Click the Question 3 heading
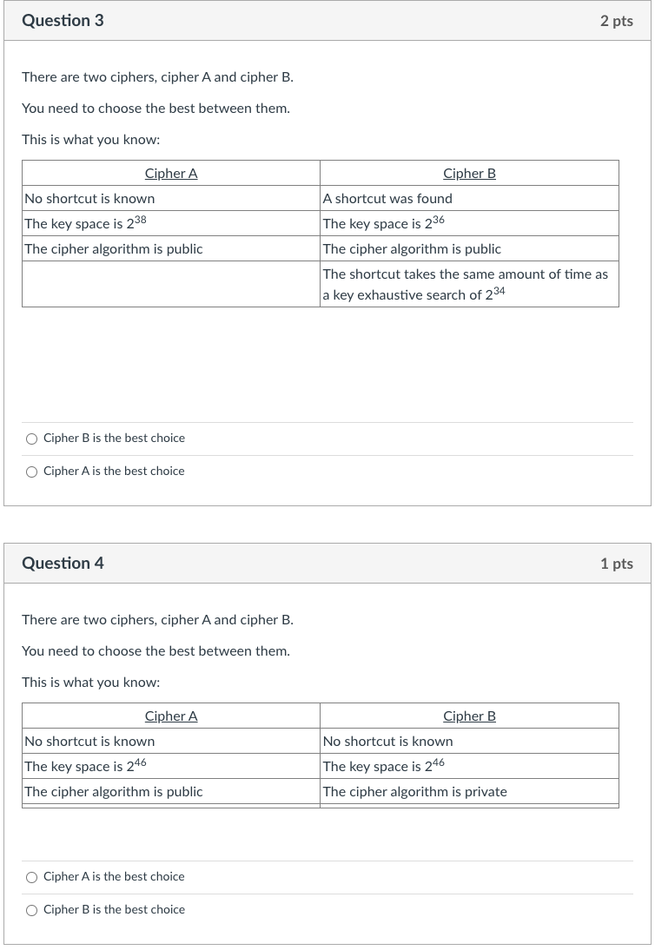click(x=63, y=21)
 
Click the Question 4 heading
click(x=63, y=564)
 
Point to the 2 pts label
click(x=616, y=21)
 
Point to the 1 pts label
click(x=616, y=564)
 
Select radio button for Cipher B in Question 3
click(x=32, y=439)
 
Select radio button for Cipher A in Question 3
click(x=32, y=472)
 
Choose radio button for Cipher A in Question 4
click(x=32, y=877)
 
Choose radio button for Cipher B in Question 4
click(x=32, y=910)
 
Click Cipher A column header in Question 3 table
click(x=171, y=173)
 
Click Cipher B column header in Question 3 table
click(x=469, y=173)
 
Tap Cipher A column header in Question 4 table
click(x=171, y=716)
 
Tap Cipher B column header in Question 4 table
click(x=469, y=716)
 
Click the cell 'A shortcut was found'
click(x=387, y=198)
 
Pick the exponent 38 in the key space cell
click(x=140, y=220)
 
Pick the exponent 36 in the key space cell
click(x=438, y=220)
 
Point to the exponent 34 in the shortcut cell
click(x=499, y=291)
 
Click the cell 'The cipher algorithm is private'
click(x=414, y=791)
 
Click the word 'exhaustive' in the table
click(x=389, y=295)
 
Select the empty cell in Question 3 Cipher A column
click(x=171, y=284)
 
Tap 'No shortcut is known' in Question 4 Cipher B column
click(x=387, y=741)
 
